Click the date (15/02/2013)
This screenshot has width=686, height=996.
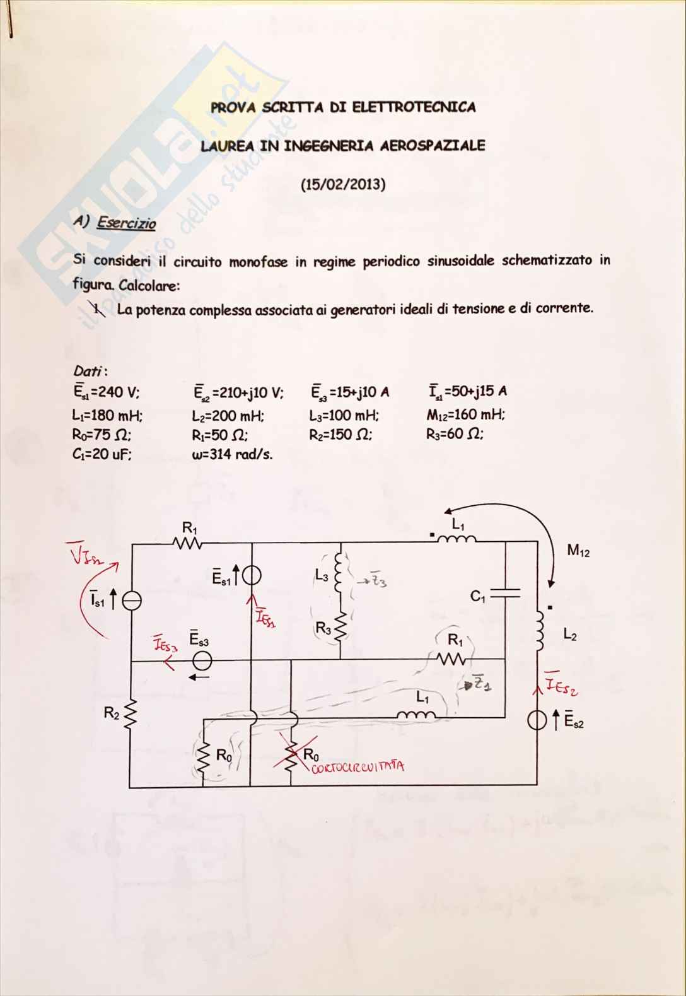[342, 185]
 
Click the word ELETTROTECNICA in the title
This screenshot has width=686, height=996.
[414, 107]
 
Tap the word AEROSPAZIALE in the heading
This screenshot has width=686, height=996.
[433, 146]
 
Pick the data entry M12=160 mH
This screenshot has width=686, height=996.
[466, 415]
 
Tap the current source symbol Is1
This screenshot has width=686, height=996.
[131, 601]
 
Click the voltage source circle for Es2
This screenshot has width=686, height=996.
[537, 720]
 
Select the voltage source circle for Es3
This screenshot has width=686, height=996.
[202, 661]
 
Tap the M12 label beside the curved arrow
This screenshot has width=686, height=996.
[578, 551]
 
